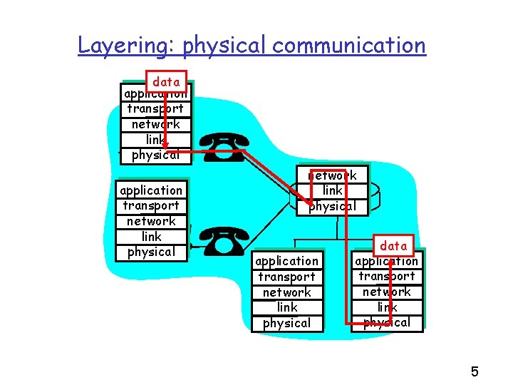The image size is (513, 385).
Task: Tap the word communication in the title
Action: coord(349,46)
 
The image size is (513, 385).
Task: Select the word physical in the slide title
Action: coord(224,46)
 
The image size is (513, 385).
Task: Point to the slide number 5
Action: coord(475,371)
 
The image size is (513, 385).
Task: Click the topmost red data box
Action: coord(166,82)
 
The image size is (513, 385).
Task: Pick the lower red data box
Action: coord(393,246)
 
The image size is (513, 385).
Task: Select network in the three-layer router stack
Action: coord(332,175)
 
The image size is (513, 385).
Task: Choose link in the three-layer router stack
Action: coord(332,190)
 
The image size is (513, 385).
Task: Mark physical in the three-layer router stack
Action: coord(332,206)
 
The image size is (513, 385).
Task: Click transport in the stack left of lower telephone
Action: coord(151,206)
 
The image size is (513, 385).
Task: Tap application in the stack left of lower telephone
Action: coord(151,190)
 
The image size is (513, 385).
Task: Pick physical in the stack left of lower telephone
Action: coord(151,252)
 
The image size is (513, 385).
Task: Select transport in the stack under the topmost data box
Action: coord(155,109)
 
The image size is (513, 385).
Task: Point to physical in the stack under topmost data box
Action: coord(155,155)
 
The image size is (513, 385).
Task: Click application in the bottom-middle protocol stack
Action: coord(287,261)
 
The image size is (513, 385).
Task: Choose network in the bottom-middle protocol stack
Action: coord(287,292)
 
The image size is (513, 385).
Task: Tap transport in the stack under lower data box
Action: coord(387,276)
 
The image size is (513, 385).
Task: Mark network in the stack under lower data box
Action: coord(387,292)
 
